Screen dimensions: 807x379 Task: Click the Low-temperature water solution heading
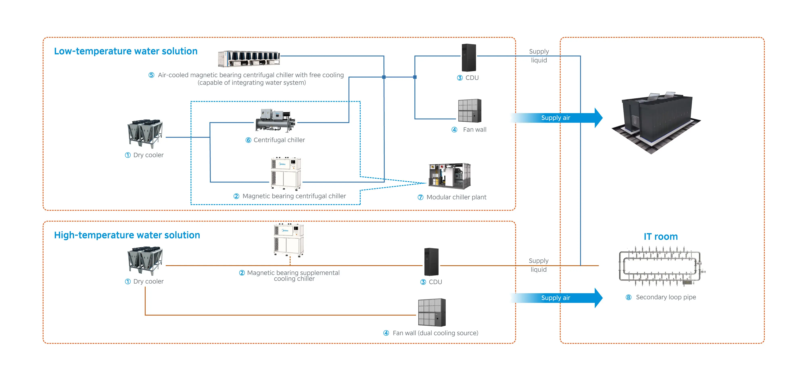(126, 51)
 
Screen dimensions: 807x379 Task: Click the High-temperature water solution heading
(127, 235)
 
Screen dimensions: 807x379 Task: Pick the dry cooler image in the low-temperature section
(145, 133)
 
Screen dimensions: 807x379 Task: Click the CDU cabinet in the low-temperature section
(469, 58)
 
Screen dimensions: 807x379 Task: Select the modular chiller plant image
(450, 176)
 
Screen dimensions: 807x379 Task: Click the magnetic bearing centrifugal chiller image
(286, 174)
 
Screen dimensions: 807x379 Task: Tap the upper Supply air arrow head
(598, 118)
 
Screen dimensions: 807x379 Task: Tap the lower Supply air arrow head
(598, 298)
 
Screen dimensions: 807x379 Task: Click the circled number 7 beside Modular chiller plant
(420, 197)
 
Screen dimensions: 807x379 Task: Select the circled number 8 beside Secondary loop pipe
(628, 297)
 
